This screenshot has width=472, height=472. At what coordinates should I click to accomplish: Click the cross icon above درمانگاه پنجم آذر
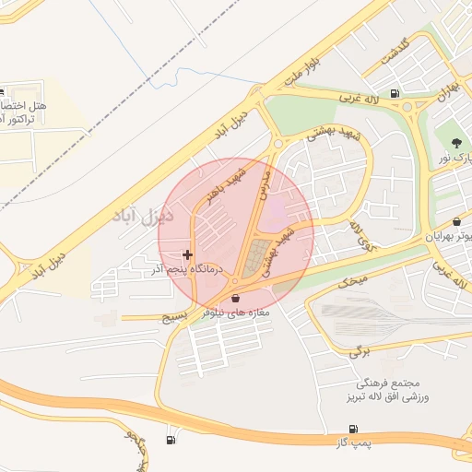pos(188,254)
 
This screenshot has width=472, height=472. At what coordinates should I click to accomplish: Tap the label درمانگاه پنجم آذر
pos(189,269)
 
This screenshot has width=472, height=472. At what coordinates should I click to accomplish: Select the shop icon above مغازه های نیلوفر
pos(238,298)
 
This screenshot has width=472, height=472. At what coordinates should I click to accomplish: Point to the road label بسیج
pos(174,315)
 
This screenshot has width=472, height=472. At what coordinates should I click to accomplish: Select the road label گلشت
pos(386,56)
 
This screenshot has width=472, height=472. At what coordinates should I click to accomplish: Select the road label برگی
pos(357,351)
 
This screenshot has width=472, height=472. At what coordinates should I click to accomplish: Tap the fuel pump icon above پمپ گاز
pos(352,430)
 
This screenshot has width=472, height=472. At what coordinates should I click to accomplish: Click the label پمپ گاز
pos(352,444)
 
